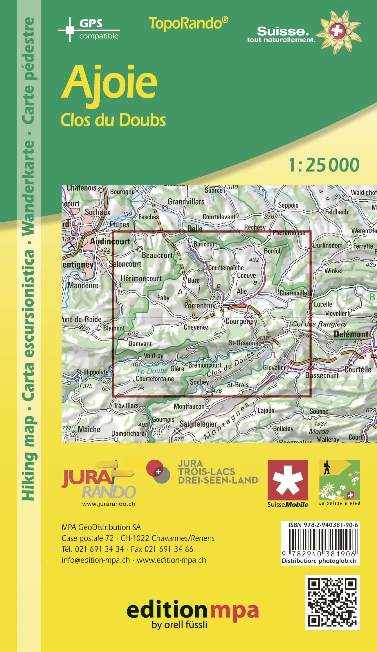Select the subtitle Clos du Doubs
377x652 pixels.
(113, 120)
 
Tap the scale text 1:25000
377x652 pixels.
(324, 165)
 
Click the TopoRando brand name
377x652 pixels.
(188, 24)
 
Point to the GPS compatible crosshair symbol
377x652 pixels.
(70, 30)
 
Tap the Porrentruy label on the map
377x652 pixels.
(200, 306)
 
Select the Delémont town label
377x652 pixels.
(351, 334)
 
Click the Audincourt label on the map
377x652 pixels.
(110, 241)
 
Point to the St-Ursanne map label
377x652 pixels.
(243, 343)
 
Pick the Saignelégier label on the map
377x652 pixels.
(198, 424)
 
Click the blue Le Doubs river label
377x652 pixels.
(152, 371)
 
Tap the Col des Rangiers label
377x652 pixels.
(319, 324)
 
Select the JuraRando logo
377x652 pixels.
(99, 483)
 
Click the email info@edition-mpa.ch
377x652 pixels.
(96, 560)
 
